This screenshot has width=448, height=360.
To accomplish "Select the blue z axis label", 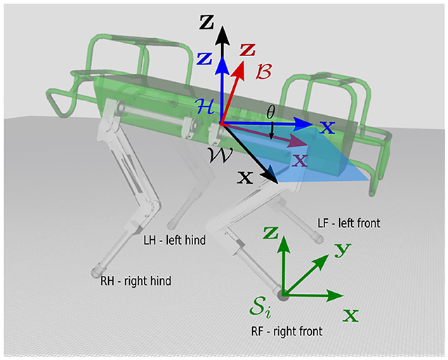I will click(204, 59).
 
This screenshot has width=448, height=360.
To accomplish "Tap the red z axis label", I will click(248, 50).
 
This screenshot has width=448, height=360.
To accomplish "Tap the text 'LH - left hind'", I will click(173, 240).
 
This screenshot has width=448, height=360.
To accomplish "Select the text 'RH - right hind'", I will click(140, 281).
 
